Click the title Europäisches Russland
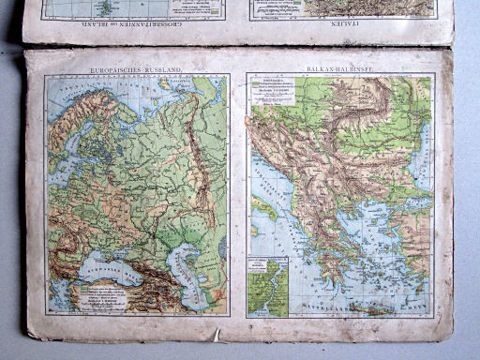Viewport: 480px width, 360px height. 137,69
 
